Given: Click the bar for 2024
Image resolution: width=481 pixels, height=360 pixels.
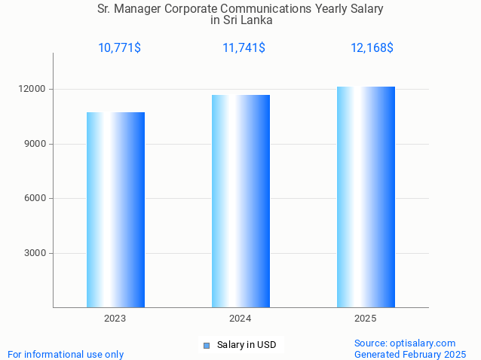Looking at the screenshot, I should [x=240, y=201].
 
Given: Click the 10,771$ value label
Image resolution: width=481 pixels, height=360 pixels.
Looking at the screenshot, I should [x=119, y=48].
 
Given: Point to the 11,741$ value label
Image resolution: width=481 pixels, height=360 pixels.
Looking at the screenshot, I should [x=244, y=48].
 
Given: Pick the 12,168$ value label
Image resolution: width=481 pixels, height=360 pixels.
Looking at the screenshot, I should [x=372, y=48].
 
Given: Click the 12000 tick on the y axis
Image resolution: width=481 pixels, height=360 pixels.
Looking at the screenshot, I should [x=33, y=90].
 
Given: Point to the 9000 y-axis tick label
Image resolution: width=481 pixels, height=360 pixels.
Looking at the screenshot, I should [x=35, y=144].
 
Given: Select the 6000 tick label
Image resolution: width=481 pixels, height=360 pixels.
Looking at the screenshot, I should [x=35, y=199].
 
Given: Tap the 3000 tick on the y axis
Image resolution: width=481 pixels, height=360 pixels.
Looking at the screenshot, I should [x=35, y=253].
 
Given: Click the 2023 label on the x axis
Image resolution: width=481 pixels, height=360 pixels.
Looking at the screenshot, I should [x=115, y=319].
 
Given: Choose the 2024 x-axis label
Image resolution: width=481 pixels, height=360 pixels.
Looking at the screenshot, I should [x=240, y=319].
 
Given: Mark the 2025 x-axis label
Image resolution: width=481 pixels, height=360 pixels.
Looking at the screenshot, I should [x=366, y=319].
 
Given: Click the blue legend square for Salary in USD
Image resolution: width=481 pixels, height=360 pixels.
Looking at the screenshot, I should [x=206, y=346].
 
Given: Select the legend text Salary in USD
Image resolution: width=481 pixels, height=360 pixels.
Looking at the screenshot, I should [x=247, y=345].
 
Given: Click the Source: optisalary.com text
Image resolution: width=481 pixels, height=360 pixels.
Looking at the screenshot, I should [x=405, y=343].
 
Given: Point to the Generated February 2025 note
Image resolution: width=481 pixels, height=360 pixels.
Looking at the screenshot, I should [x=410, y=354].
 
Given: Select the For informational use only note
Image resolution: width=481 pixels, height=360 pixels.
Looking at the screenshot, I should [x=66, y=354].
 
